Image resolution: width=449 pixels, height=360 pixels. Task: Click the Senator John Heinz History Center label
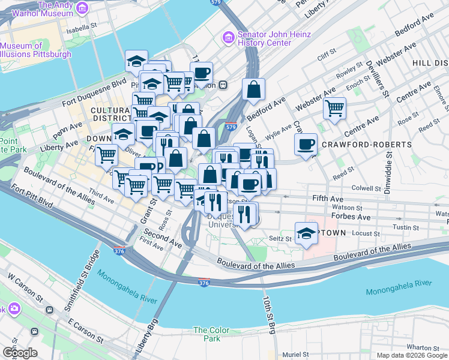(x=267, y=39)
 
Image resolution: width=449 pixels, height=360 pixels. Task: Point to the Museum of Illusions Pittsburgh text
(x=35, y=50)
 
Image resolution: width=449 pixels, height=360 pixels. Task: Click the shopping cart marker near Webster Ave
(x=334, y=109)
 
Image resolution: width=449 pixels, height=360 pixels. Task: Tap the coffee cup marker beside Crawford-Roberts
(x=306, y=144)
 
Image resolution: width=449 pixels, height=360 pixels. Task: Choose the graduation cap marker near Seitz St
(x=306, y=233)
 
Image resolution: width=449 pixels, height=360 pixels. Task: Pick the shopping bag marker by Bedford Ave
(x=254, y=89)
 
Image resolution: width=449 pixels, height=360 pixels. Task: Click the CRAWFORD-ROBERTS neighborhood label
(x=366, y=145)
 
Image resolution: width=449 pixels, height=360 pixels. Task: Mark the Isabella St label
(x=82, y=27)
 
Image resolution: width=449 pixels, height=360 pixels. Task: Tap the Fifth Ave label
(x=327, y=198)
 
